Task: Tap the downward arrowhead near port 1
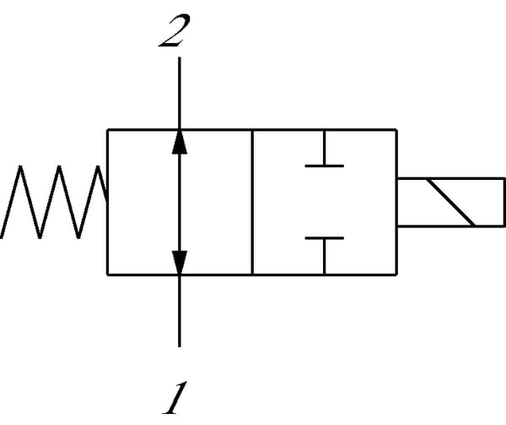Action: (179, 263)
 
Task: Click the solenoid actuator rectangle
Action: (450, 202)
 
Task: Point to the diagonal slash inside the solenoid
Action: (450, 202)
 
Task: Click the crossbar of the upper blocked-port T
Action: (324, 166)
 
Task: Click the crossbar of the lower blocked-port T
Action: (324, 238)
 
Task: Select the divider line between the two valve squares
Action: (252, 202)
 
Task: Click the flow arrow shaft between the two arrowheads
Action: (179, 202)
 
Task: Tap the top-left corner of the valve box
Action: (107, 129)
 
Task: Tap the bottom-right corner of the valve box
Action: (396, 274)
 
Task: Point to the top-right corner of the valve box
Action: (396, 129)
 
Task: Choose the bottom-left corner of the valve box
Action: (107, 274)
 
